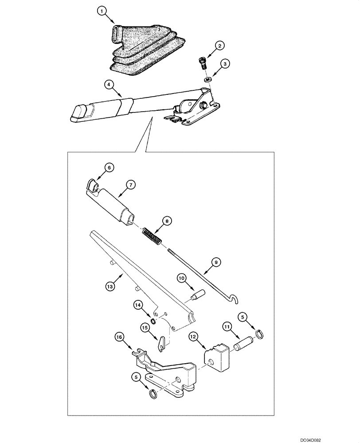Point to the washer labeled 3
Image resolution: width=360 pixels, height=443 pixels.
pos(207,79)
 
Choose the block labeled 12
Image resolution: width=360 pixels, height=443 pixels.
pos(215,355)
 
